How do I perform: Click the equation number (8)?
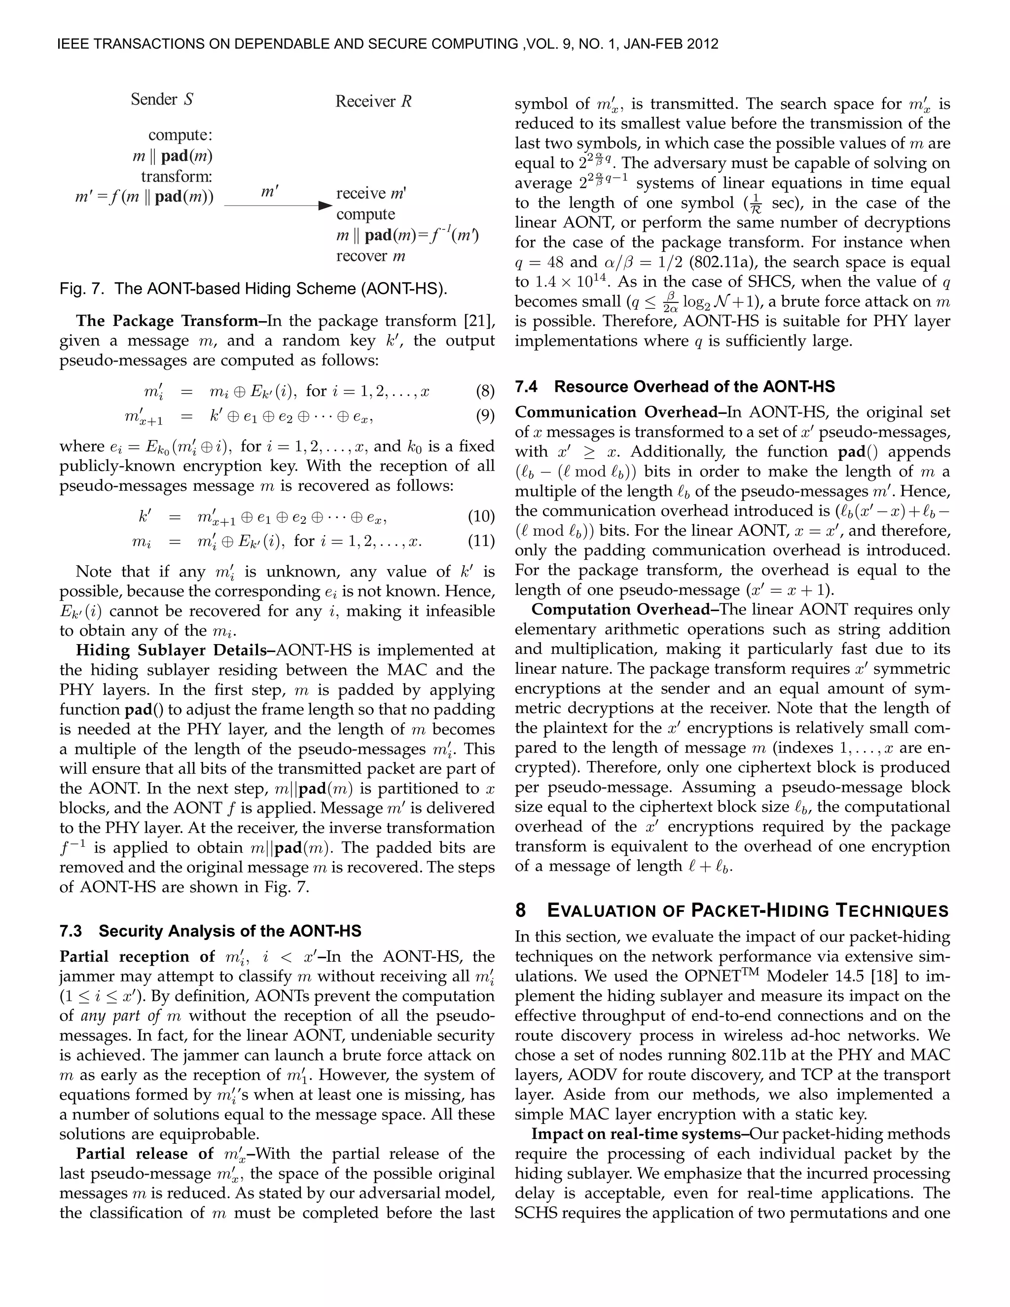pyautogui.click(x=485, y=392)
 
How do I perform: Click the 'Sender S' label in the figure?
pyautogui.click(x=162, y=99)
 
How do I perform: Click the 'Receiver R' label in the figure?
pyautogui.click(x=373, y=101)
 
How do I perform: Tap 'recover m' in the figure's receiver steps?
pyautogui.click(x=370, y=256)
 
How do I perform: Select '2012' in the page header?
pyautogui.click(x=702, y=44)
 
